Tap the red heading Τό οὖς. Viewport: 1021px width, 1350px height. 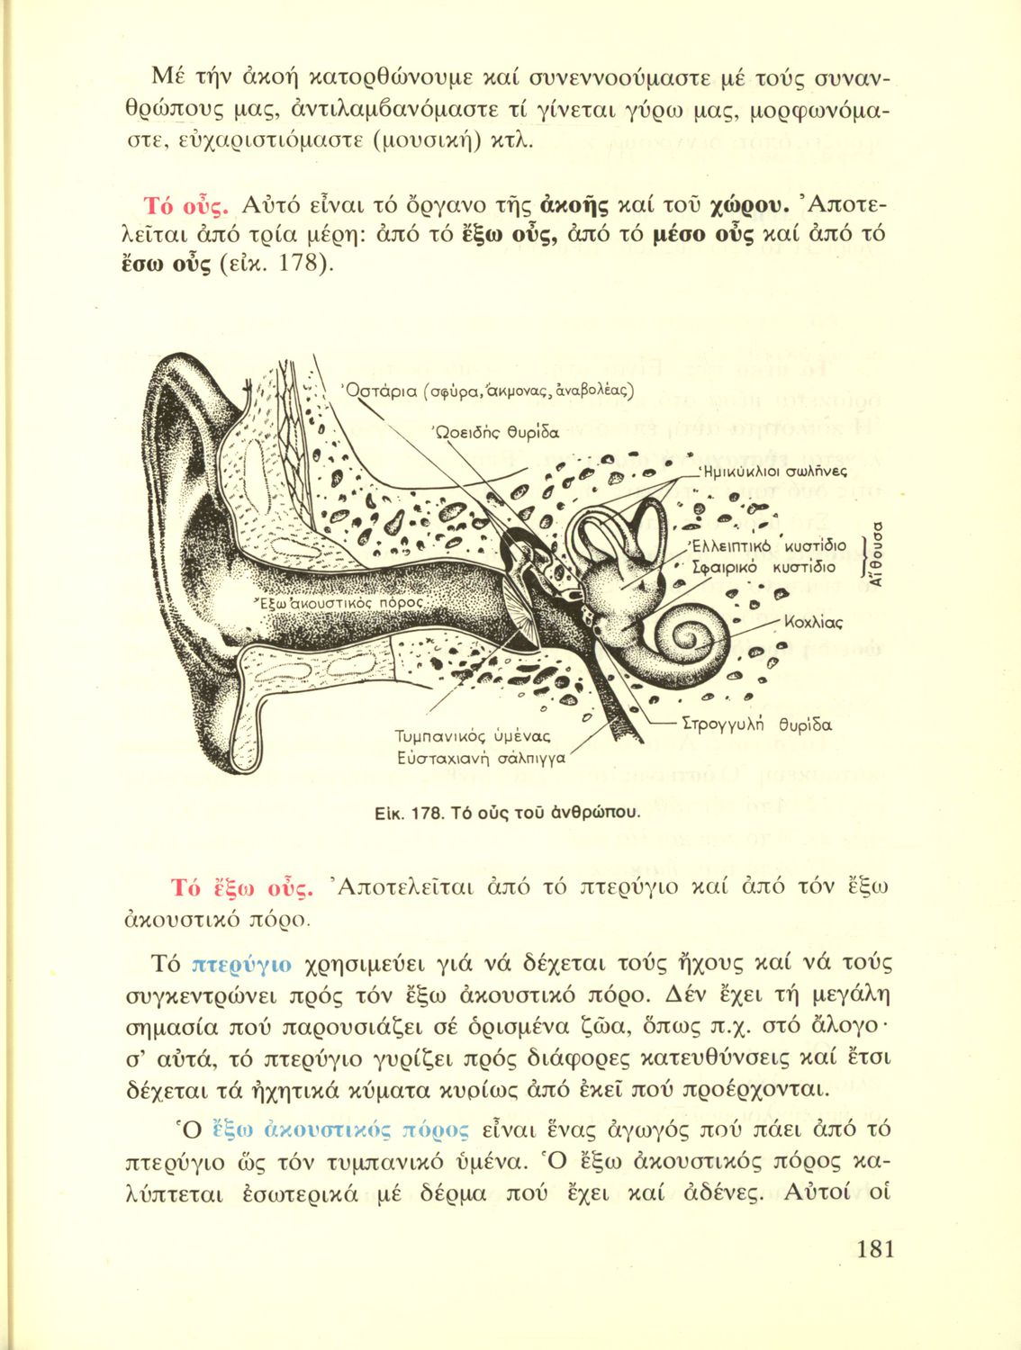coord(189,206)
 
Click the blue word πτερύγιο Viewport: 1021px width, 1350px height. coord(242,964)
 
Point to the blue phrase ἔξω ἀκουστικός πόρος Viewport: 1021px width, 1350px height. coord(340,1129)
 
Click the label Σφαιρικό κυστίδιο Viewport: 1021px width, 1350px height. coord(763,568)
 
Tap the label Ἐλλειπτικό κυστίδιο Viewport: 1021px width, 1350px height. coord(766,546)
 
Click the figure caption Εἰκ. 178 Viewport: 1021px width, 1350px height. coord(507,813)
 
